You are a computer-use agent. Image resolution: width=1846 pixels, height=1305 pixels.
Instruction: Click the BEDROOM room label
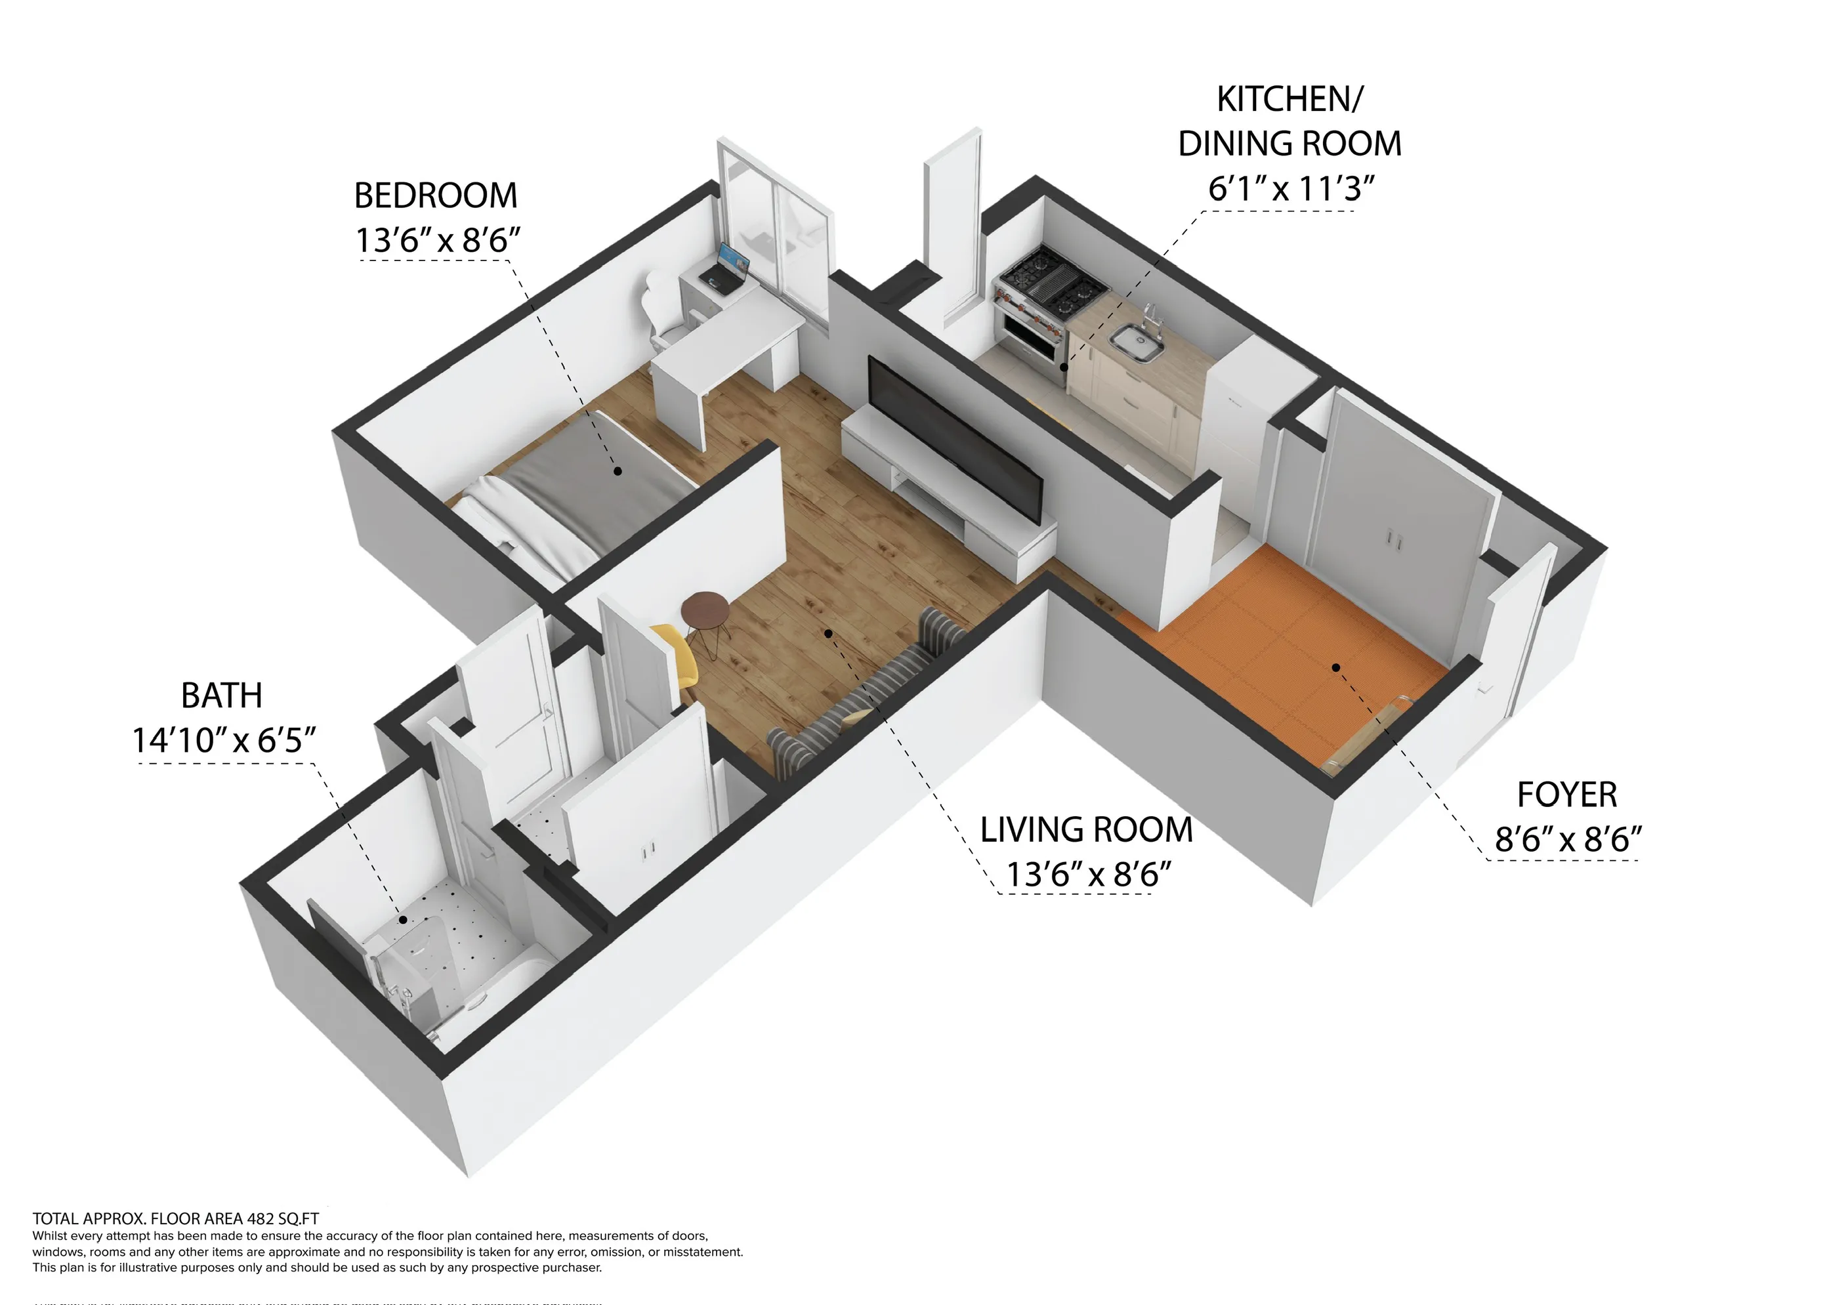coord(435,196)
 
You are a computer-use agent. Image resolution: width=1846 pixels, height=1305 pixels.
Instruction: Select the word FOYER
coord(1566,795)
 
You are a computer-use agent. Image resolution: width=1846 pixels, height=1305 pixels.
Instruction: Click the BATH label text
coord(221,695)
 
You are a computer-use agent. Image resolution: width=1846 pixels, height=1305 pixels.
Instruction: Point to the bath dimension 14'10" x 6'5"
coord(224,739)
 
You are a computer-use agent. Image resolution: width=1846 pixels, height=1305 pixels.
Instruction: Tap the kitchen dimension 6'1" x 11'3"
coord(1290,188)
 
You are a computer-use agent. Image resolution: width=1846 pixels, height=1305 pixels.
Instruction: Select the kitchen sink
coord(1136,342)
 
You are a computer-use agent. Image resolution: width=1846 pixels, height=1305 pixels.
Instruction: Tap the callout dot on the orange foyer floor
coord(1335,667)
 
